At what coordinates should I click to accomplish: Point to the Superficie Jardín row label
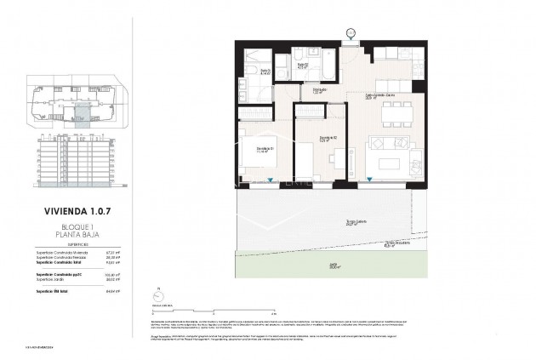(51, 280)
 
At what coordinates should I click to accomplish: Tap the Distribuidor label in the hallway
(321, 89)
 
